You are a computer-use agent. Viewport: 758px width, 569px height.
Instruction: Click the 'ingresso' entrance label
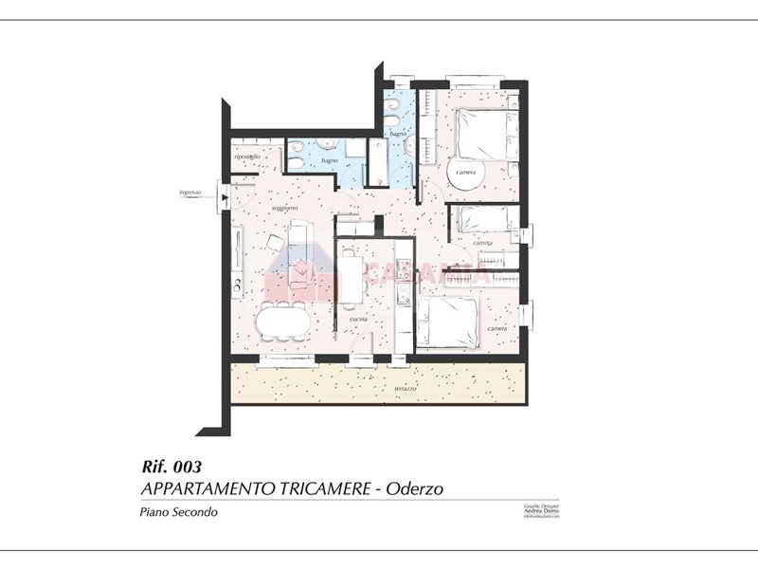[190, 194]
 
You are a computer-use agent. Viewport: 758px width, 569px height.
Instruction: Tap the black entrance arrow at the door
[224, 197]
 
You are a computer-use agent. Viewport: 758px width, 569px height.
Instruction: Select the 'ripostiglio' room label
[247, 156]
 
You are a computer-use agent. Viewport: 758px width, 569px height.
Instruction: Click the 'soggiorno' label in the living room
[284, 207]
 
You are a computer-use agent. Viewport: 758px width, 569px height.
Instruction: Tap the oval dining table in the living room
[283, 322]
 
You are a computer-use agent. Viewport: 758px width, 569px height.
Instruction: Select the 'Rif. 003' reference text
[171, 467]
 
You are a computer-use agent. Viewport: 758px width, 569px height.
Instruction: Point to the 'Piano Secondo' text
[179, 512]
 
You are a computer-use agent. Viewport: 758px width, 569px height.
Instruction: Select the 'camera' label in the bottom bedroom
[496, 328]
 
